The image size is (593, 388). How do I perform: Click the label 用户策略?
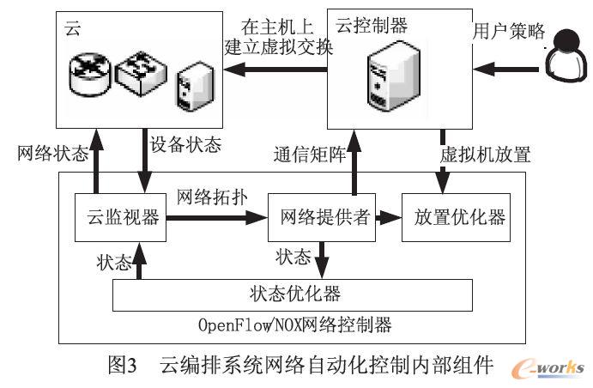pyautogui.click(x=509, y=32)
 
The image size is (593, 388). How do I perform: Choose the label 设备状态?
pyautogui.click(x=185, y=143)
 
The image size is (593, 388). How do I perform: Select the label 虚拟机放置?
pyautogui.click(x=485, y=155)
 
